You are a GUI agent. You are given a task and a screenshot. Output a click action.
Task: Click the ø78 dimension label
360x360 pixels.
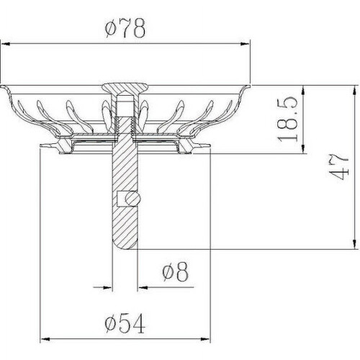tap(125, 27)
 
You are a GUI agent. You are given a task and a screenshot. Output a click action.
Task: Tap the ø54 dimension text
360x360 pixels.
tap(125, 323)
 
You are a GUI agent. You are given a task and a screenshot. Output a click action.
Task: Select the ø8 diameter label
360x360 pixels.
tap(175, 271)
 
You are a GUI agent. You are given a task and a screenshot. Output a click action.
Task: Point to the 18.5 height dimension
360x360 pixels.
tap(288, 119)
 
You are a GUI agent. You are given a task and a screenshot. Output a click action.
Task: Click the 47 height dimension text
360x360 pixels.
tap(338, 167)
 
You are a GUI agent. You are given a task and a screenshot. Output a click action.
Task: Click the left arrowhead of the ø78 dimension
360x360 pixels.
tap(5, 44)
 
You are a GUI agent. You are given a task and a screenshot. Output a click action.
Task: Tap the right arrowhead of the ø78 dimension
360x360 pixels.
tap(246, 44)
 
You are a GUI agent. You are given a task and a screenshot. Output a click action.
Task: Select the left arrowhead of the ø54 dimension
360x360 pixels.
tap(45, 339)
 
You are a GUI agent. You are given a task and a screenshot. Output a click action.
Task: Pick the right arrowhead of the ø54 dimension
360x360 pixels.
tap(205, 339)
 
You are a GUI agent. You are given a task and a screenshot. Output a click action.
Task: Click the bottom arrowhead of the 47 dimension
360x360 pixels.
tap(354, 245)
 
